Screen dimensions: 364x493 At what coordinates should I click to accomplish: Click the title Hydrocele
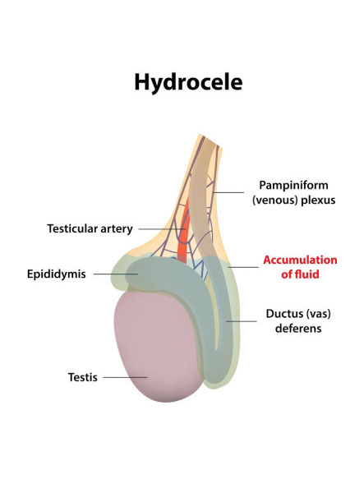tap(188, 82)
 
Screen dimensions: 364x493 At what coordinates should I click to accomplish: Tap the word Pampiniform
tap(293, 185)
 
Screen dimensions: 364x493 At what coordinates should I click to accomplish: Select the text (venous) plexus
tap(293, 200)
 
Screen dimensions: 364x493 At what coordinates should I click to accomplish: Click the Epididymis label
tap(56, 274)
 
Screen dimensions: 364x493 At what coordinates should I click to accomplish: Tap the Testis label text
tap(83, 377)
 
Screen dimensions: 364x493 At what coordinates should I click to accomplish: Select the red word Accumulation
tap(300, 260)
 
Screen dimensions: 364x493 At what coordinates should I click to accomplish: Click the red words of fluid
tap(300, 274)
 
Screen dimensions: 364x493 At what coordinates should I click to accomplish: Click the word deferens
tap(298, 328)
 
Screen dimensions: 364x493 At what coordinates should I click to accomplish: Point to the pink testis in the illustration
tap(157, 346)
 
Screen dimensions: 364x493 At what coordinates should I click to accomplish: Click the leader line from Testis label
tap(125, 377)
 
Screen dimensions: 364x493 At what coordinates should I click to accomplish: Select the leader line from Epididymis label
tap(116, 274)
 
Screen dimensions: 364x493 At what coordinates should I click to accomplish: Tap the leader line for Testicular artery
tap(162, 229)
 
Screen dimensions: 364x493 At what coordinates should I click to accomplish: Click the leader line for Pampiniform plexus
tap(228, 192)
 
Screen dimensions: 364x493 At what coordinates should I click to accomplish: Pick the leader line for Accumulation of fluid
tap(243, 267)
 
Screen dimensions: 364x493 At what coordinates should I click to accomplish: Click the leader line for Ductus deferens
tap(242, 321)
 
